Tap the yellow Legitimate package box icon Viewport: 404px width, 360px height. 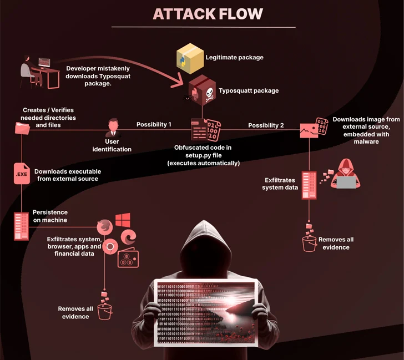[x=191, y=58]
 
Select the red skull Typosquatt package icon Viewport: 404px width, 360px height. [x=201, y=91]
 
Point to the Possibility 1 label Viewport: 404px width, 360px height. [x=154, y=125]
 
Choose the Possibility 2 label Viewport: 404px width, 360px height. [x=266, y=125]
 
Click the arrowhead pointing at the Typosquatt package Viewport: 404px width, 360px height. [x=182, y=83]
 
